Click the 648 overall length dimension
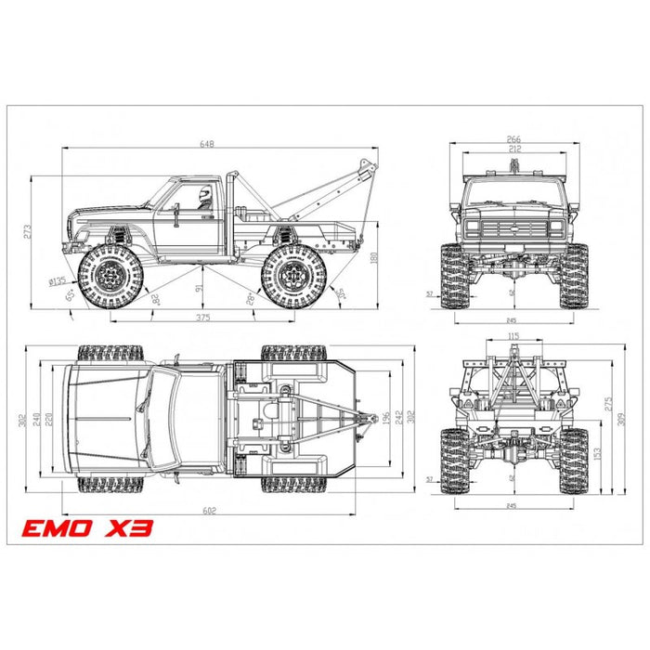point(219,144)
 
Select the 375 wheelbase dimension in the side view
point(202,318)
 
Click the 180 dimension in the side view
point(375,260)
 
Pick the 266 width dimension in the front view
point(514,139)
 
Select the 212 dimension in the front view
point(514,148)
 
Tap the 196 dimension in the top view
point(385,415)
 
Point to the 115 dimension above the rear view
point(513,336)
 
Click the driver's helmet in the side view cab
point(204,195)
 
